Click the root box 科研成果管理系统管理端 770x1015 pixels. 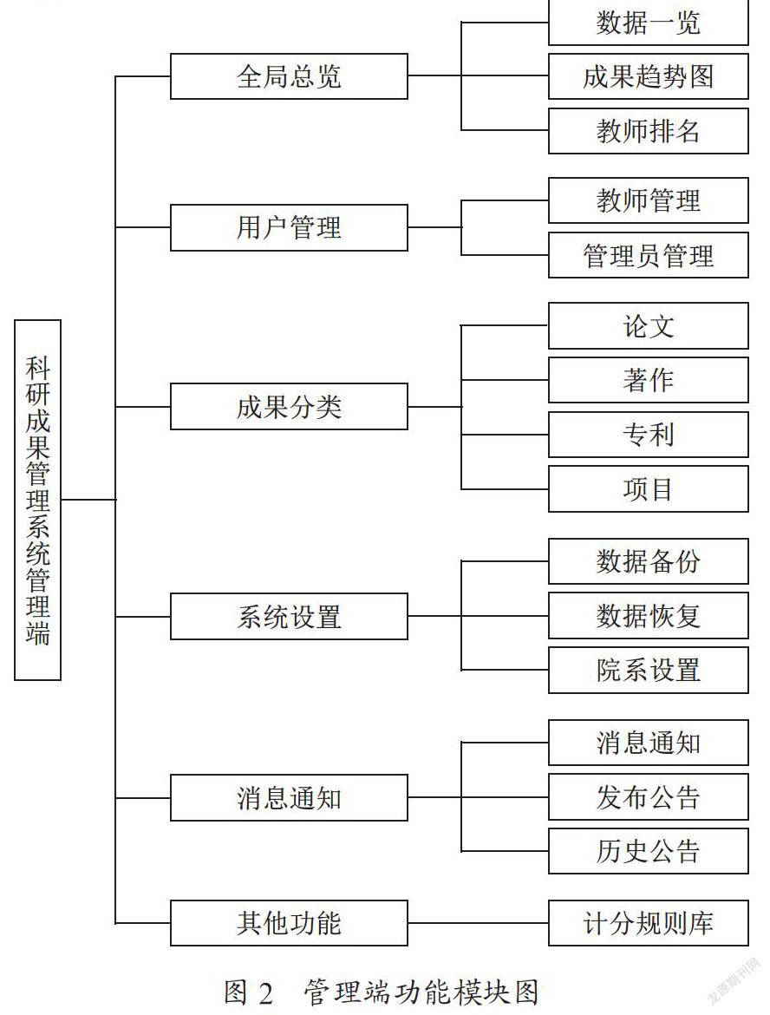click(37, 500)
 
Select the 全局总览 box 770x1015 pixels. click(289, 76)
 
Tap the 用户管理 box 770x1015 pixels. click(289, 228)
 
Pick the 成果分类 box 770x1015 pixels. click(289, 407)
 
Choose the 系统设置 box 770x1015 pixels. click(289, 616)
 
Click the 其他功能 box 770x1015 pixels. click(289, 923)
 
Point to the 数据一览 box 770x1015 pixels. click(649, 23)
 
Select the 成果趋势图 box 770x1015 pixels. click(649, 76)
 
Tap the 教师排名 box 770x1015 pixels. click(649, 131)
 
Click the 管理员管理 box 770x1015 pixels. click(649, 255)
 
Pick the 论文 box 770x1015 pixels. click(649, 325)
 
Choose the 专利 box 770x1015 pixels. click(649, 435)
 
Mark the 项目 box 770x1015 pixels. click(649, 488)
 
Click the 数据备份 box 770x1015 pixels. click(649, 561)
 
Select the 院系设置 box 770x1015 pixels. click(649, 670)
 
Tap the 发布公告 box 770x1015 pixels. click(649, 797)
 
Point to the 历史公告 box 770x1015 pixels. click(649, 851)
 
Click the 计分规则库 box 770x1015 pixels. click(649, 923)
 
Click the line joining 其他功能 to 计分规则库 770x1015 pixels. click(478, 923)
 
